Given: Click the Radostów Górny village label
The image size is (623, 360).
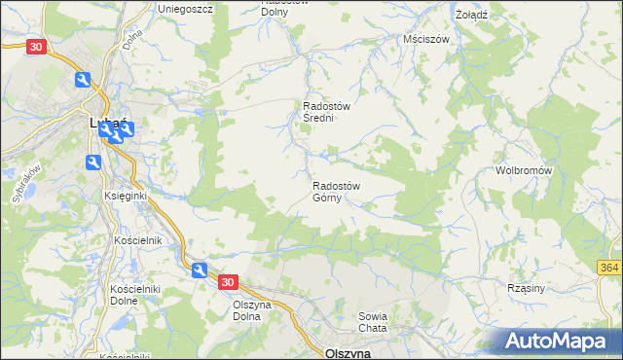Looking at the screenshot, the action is [x=337, y=192].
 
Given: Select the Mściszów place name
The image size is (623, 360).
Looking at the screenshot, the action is [x=425, y=40].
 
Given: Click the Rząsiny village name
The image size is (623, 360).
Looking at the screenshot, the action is [x=552, y=288].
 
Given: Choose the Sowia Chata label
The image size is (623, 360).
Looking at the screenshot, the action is [x=373, y=322].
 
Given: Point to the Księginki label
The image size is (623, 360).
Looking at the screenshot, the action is [x=125, y=196].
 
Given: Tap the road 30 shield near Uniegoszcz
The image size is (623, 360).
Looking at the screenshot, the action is [x=36, y=47].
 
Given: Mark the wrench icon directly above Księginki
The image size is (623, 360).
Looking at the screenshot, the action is [x=94, y=162].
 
